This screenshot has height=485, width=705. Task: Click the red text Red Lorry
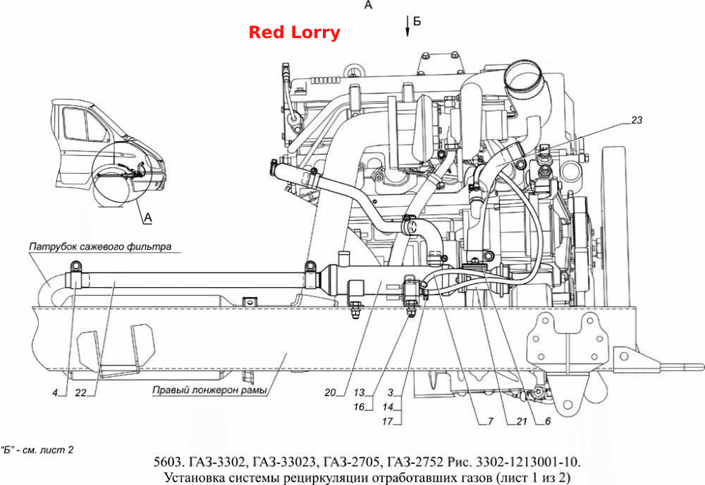(x=295, y=32)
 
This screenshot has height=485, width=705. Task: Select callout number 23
(x=637, y=120)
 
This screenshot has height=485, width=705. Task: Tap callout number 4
(x=55, y=393)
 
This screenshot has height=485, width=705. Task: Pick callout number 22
(x=80, y=393)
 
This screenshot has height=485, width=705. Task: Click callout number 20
(x=330, y=393)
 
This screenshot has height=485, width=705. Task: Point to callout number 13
(x=359, y=393)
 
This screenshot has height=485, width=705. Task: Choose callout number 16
(x=359, y=407)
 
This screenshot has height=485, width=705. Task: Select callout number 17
(x=387, y=421)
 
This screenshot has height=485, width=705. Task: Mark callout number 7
(x=491, y=421)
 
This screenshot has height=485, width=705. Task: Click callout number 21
(x=522, y=421)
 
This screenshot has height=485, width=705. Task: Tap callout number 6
(x=548, y=421)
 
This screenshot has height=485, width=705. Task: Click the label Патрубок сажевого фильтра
(x=100, y=247)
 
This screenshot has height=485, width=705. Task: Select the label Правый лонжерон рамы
(x=209, y=390)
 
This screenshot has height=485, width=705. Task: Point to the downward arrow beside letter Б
(x=407, y=25)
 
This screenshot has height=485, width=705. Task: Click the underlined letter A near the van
(x=148, y=218)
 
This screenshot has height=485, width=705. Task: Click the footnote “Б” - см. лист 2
(x=37, y=450)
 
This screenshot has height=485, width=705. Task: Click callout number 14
(x=388, y=407)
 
